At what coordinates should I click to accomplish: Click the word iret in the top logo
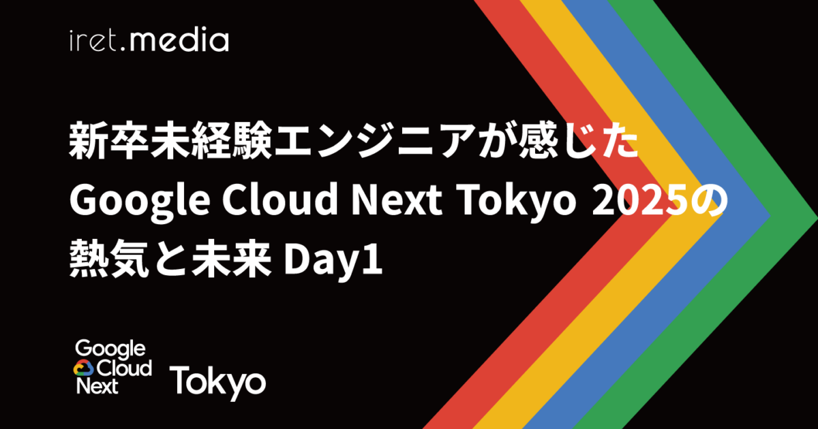(96, 41)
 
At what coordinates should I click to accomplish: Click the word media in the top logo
(179, 41)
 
